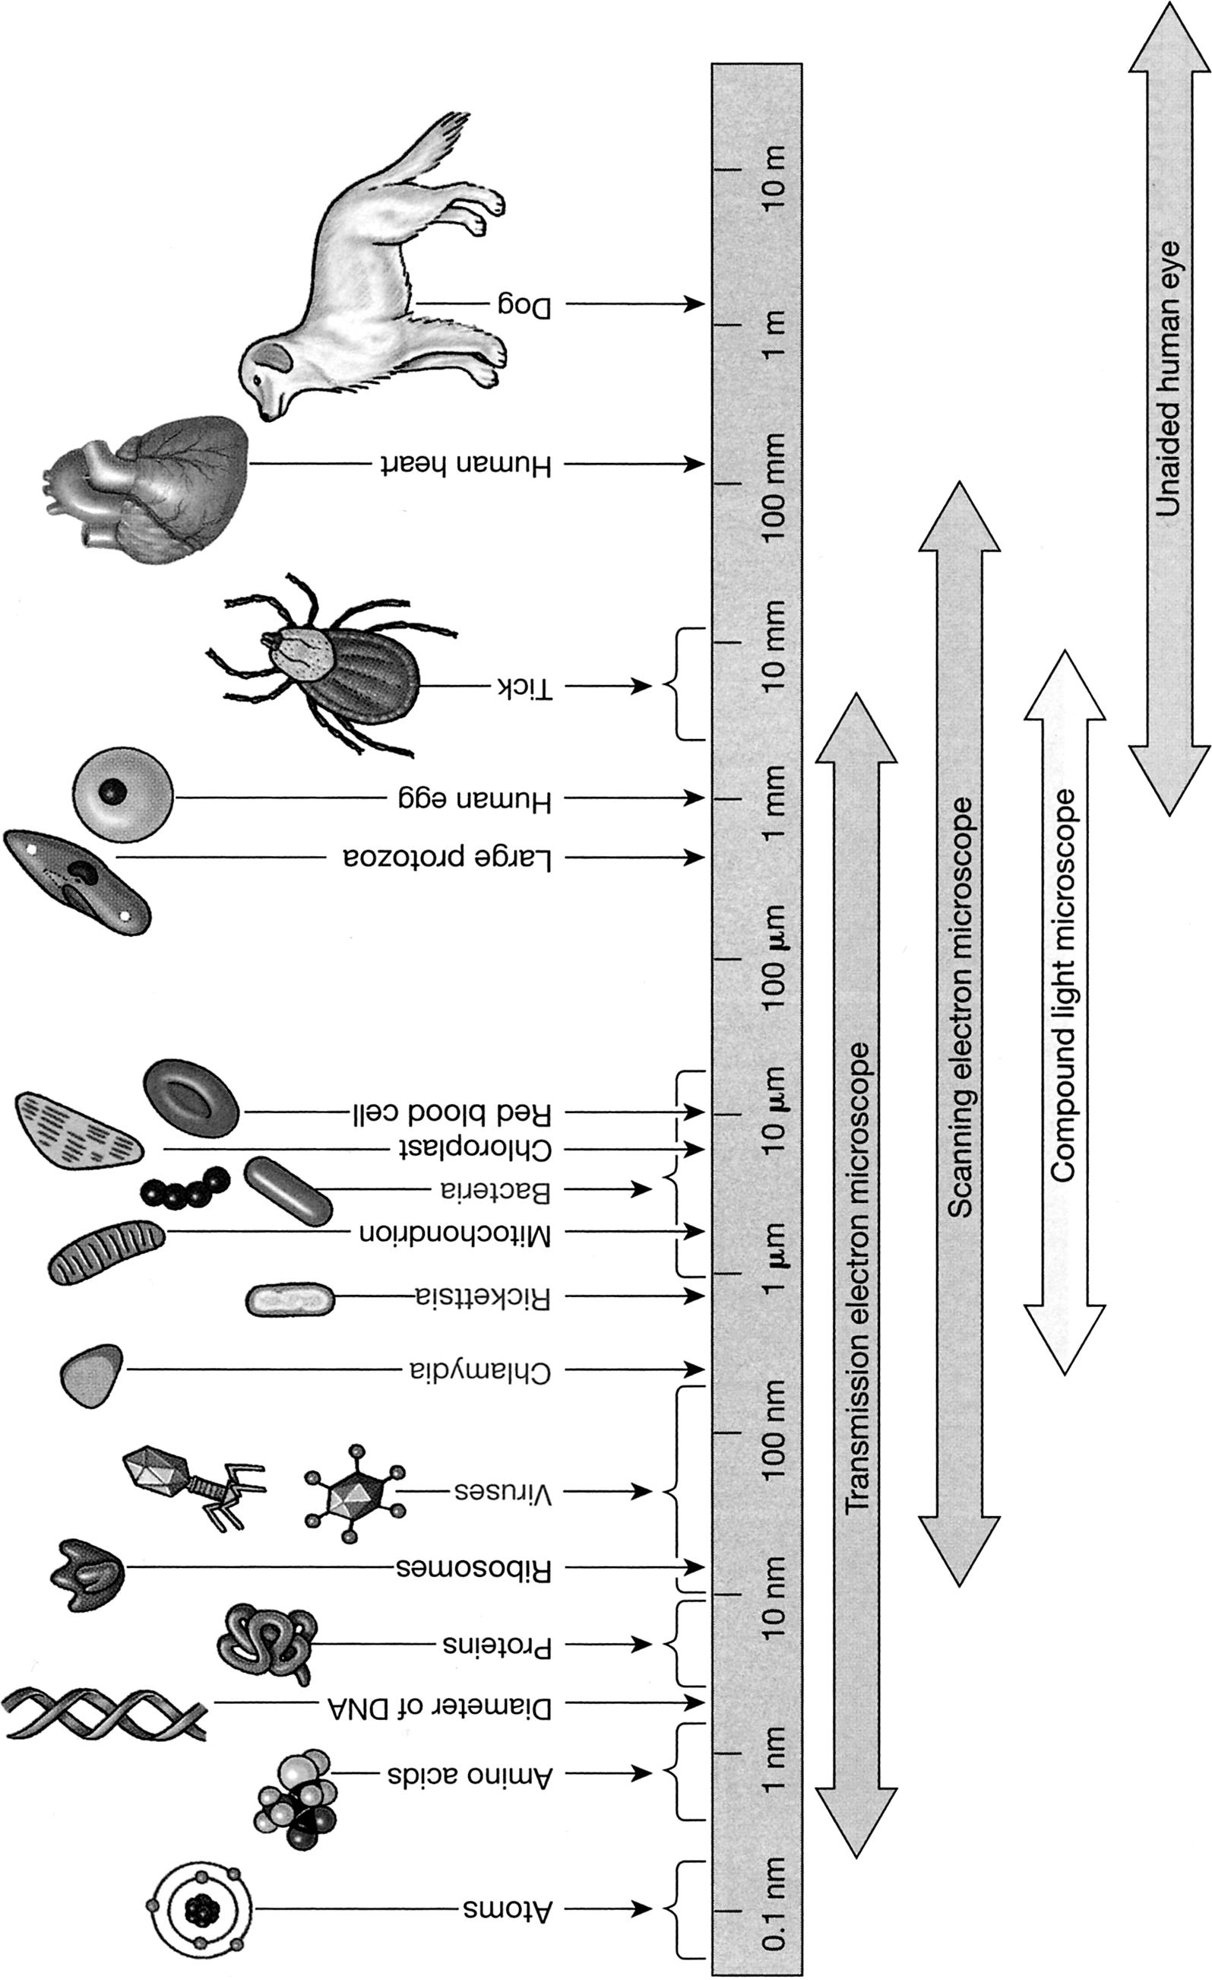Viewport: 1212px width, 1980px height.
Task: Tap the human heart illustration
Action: click(x=153, y=490)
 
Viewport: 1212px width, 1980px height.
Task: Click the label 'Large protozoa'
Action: click(x=448, y=859)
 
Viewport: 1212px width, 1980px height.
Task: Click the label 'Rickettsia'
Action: click(x=483, y=1298)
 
